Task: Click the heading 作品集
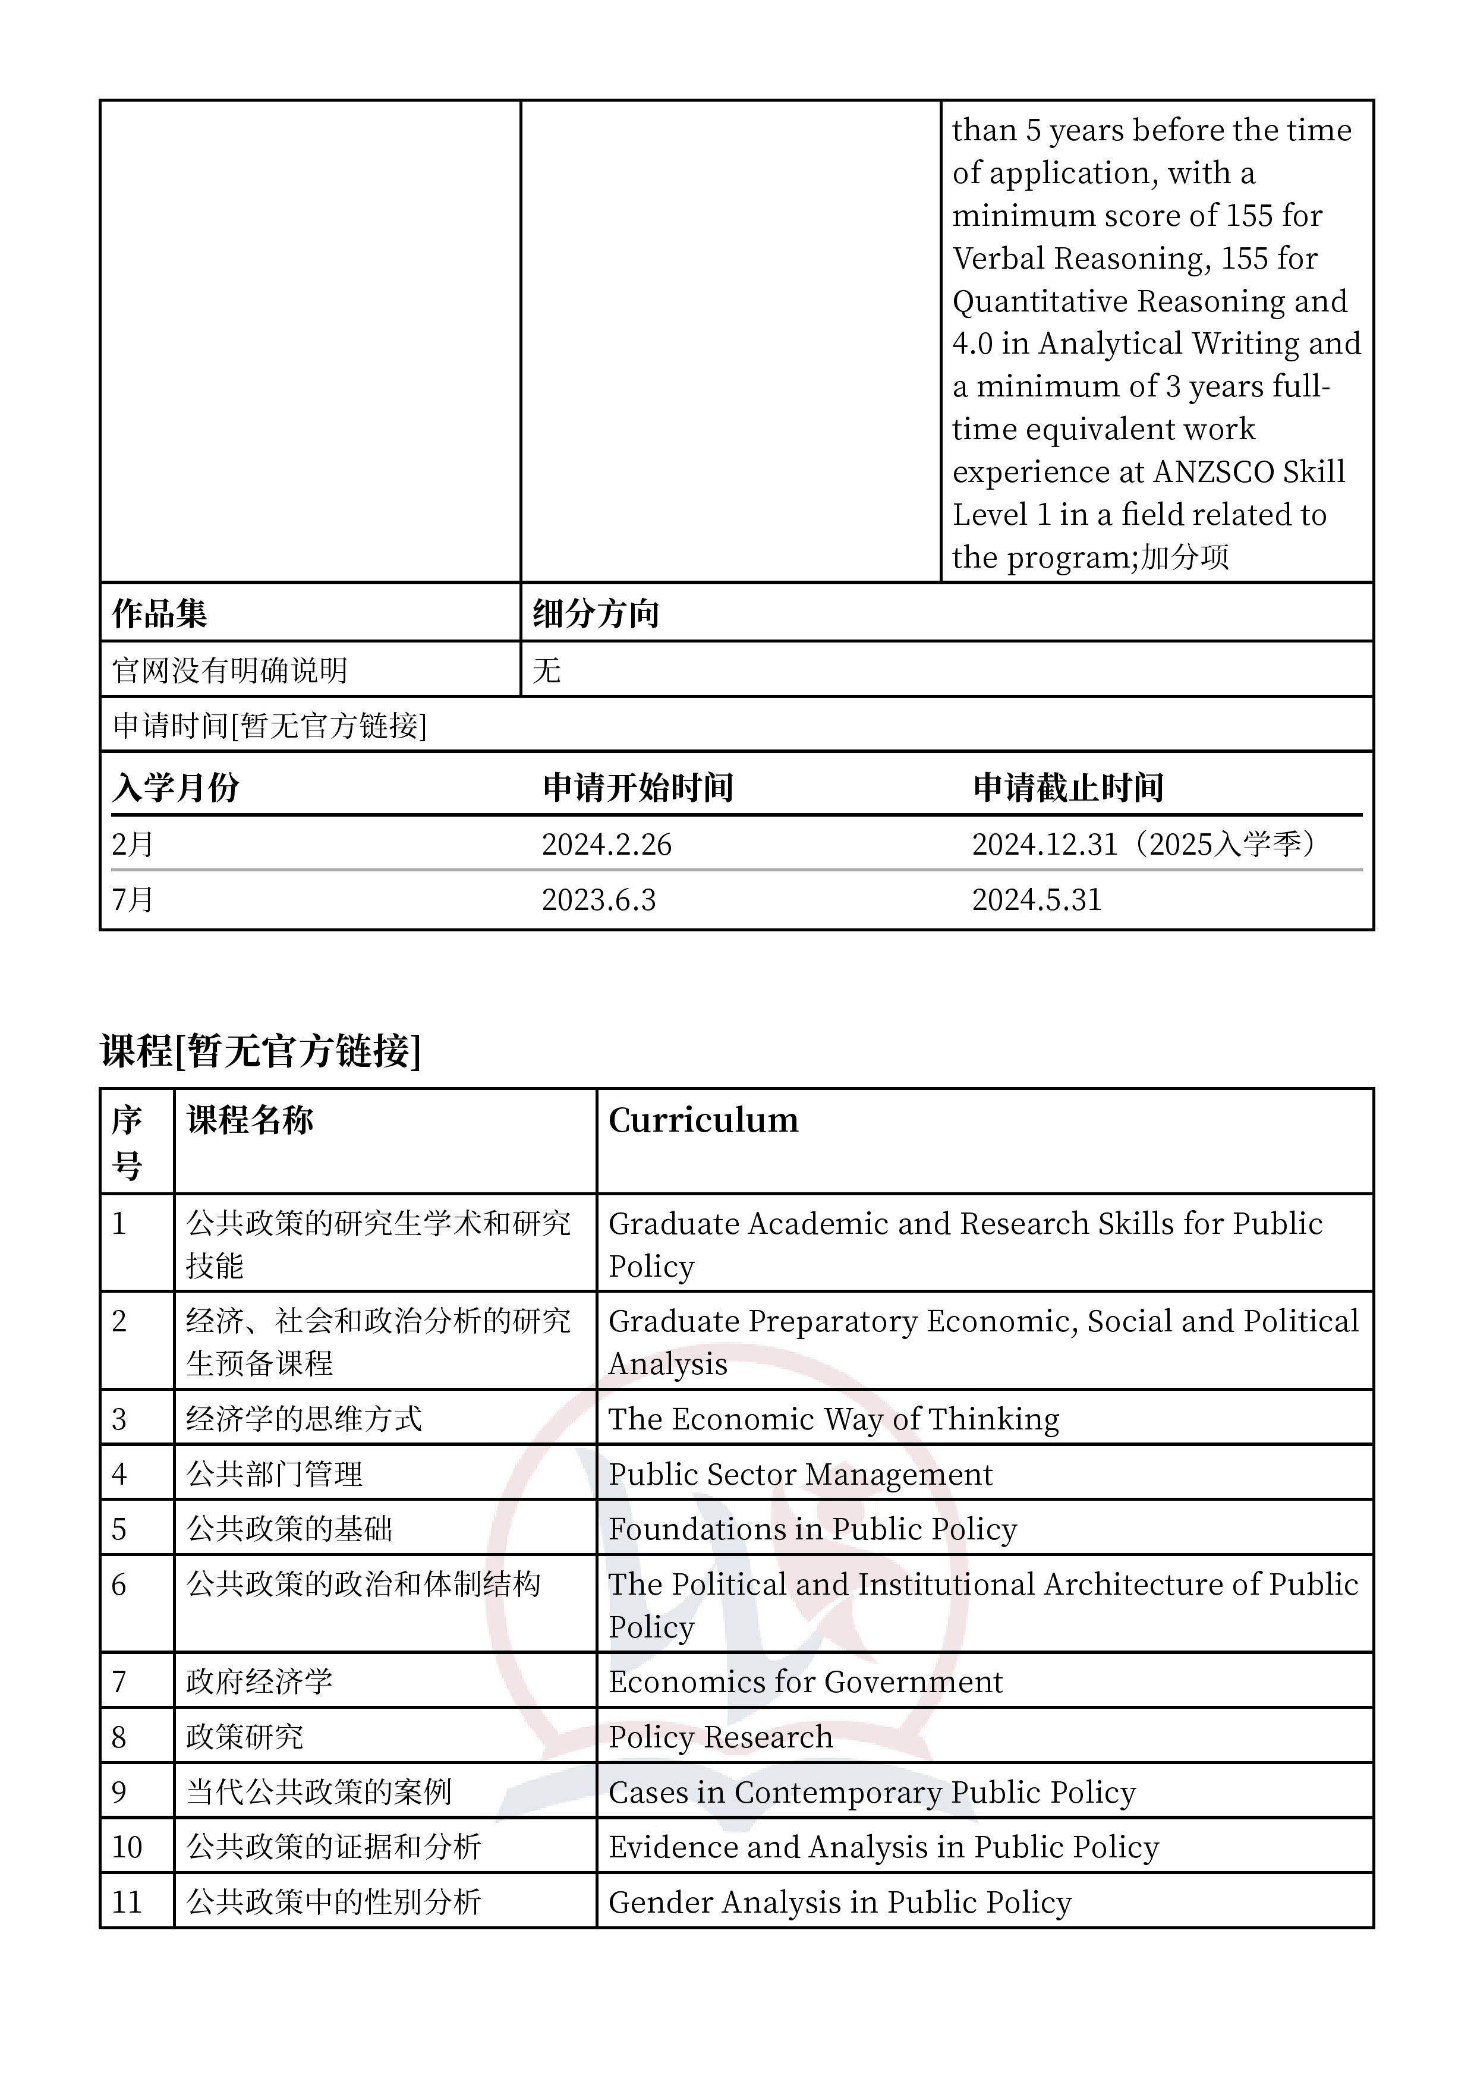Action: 160,614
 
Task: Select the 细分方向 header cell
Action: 596,614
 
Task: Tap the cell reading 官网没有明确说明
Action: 230,670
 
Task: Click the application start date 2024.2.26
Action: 607,845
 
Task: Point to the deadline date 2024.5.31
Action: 1036,900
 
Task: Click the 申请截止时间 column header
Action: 1068,788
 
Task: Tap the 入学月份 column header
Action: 175,788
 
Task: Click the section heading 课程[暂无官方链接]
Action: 261,1051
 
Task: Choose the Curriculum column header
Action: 703,1120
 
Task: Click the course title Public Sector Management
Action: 800,1475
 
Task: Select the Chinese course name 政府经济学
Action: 260,1682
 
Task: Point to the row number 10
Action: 127,1847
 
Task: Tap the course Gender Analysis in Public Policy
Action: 840,1901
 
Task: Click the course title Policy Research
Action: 720,1737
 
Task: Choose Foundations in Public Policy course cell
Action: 812,1529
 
